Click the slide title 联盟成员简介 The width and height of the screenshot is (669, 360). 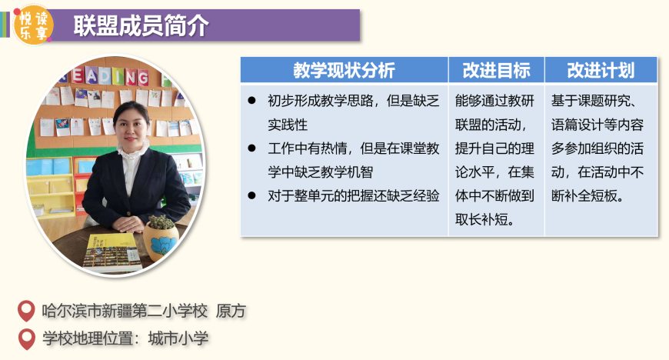tap(141, 25)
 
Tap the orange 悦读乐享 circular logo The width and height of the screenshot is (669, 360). tap(33, 25)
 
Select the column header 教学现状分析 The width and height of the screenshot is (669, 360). tap(344, 70)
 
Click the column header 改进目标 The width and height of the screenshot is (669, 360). tap(496, 70)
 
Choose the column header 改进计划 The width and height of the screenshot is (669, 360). tap(601, 70)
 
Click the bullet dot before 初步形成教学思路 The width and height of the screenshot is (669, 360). tap(251, 101)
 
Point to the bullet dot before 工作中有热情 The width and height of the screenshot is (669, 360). tap(251, 148)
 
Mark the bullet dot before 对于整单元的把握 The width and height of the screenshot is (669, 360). tap(251, 195)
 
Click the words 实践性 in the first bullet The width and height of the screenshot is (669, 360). tap(288, 125)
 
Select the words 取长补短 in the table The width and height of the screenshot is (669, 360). tap(481, 219)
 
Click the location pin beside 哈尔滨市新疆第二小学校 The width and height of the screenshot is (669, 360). tap(26, 311)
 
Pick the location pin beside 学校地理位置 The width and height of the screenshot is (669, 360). tap(27, 339)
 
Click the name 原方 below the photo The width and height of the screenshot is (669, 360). tap(231, 311)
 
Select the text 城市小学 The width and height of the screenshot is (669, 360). tap(178, 338)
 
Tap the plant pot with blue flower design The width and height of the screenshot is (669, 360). tap(161, 239)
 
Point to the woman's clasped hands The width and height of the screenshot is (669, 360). tap(127, 224)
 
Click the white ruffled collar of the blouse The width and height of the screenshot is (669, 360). tap(133, 150)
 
